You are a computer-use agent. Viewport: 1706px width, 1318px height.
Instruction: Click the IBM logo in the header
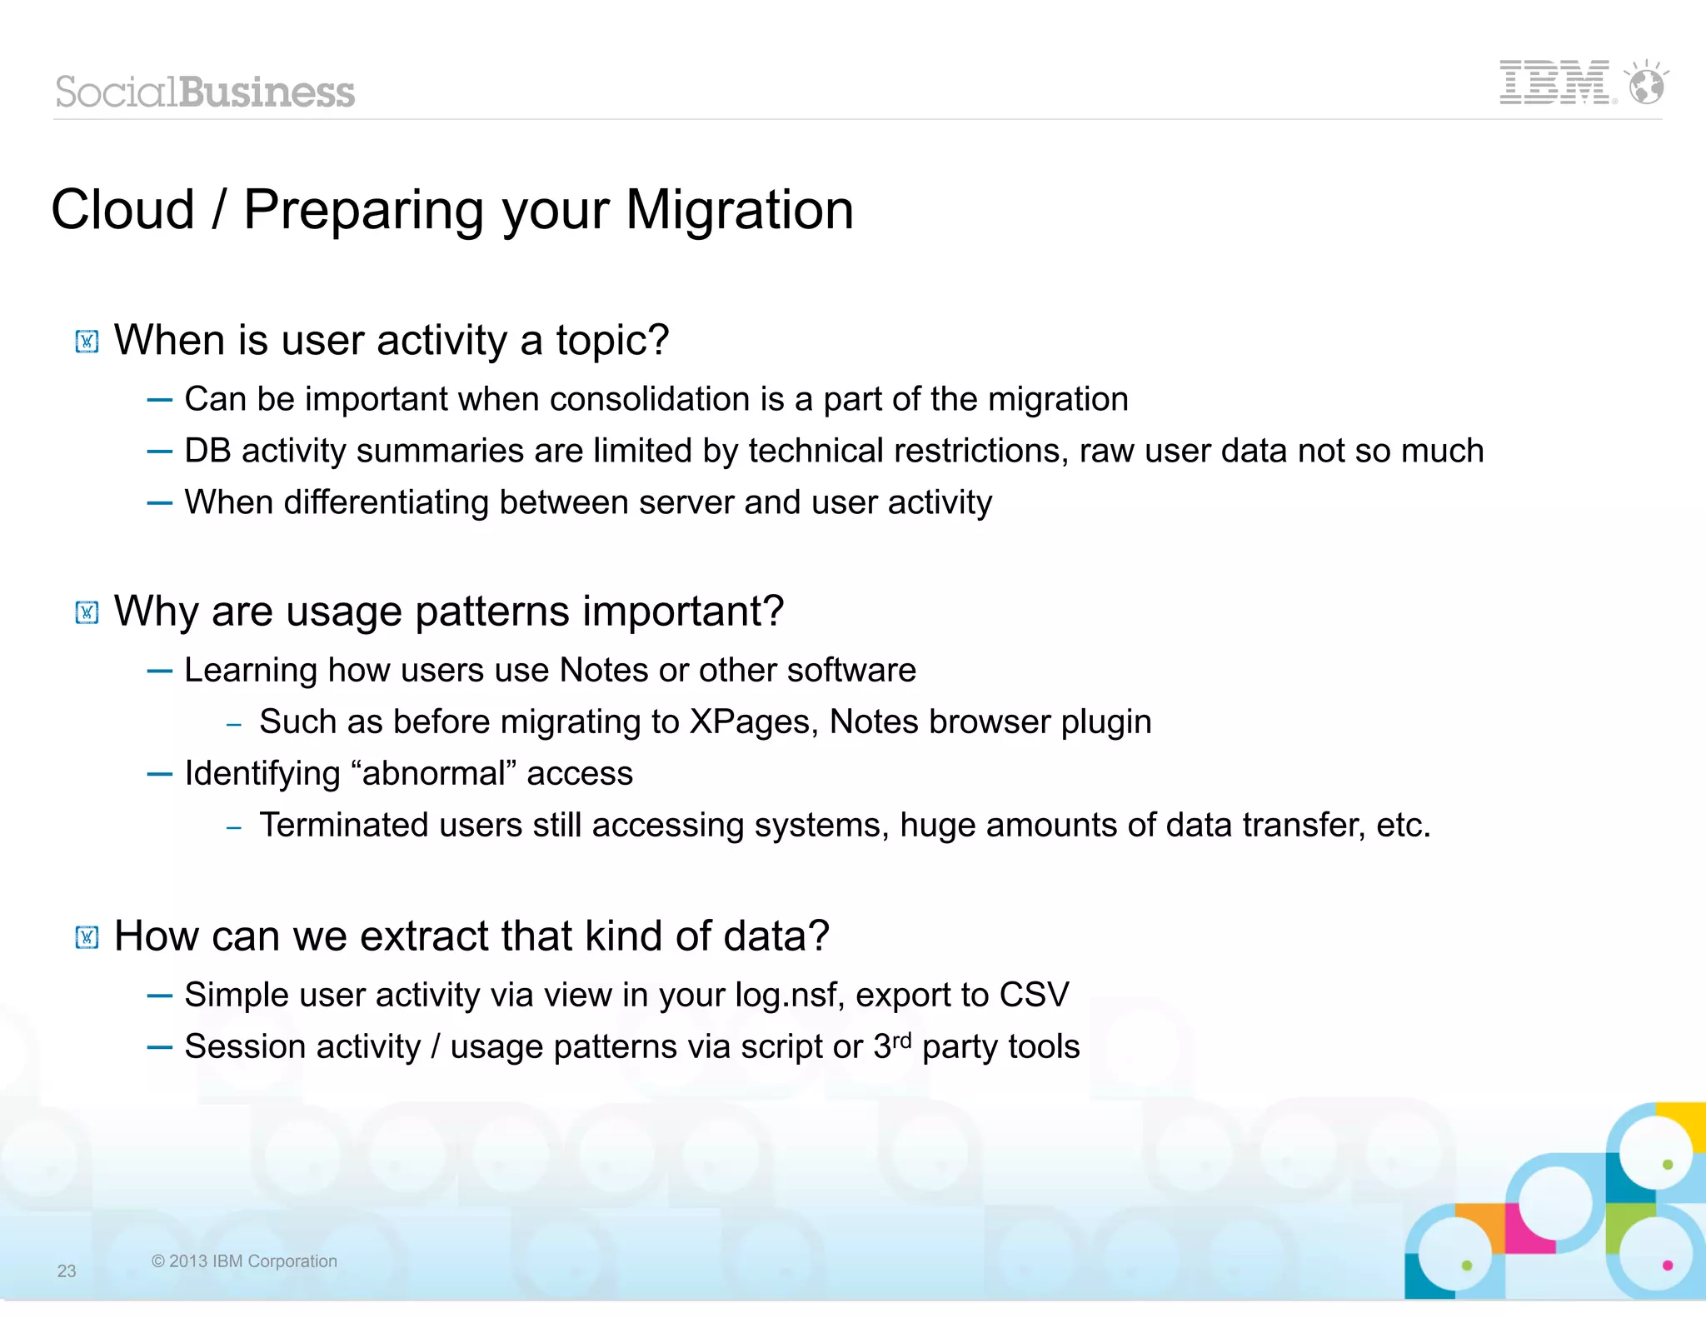point(1554,82)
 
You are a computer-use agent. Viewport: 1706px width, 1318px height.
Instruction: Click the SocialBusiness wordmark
point(205,92)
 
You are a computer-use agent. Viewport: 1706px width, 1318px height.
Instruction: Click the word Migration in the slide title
point(739,210)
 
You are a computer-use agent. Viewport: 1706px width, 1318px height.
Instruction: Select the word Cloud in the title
point(122,210)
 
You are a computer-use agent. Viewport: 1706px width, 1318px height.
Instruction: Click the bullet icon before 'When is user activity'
point(87,342)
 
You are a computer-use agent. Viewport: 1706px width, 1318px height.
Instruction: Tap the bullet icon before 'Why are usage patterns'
point(87,612)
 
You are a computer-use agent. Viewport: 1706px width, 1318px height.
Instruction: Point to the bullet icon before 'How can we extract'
point(87,937)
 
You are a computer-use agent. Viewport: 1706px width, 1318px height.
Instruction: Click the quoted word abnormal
point(434,773)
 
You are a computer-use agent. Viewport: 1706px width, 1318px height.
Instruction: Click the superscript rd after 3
point(902,1040)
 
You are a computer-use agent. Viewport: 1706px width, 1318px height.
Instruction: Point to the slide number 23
point(67,1271)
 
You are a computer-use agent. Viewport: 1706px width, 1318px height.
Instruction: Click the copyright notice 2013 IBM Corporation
point(244,1261)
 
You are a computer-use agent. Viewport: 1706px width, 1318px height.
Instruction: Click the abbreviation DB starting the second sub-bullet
point(207,451)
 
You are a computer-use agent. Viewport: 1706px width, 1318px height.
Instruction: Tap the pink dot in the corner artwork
point(1667,1265)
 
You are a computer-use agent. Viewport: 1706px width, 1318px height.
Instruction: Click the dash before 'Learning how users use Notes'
point(159,671)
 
